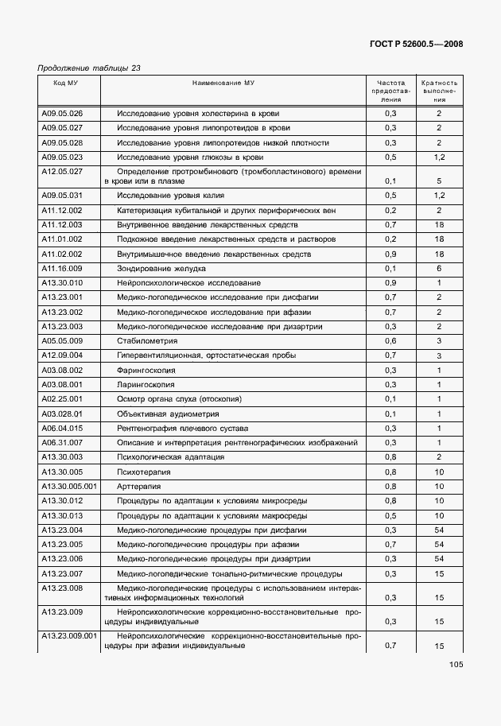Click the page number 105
[455, 665]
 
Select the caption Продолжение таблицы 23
[89, 68]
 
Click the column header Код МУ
[65, 83]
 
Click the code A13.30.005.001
[68, 486]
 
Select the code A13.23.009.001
[68, 636]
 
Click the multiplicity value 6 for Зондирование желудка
[438, 269]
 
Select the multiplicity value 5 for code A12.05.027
[438, 181]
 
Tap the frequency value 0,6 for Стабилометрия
[390, 341]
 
